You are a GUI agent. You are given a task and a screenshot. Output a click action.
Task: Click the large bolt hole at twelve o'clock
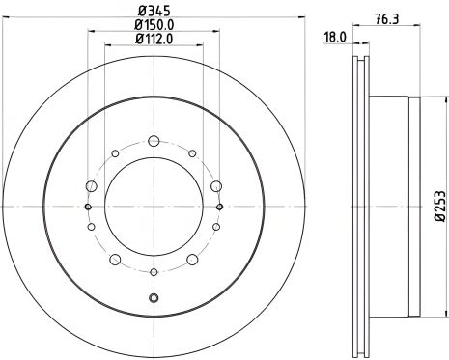tap(154, 136)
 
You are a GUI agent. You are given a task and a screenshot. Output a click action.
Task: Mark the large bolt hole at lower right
tap(192, 258)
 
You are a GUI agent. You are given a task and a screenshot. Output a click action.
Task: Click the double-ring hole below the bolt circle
tap(154, 298)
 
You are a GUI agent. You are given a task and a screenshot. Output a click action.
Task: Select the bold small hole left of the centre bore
tap(88, 206)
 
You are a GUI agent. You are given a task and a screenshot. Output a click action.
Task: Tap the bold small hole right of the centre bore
tap(221, 206)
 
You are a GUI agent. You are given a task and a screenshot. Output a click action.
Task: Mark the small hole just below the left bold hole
tap(92, 227)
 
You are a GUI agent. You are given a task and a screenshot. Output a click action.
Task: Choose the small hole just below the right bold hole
tap(217, 227)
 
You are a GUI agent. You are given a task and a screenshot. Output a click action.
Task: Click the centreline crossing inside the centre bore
tap(154, 206)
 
